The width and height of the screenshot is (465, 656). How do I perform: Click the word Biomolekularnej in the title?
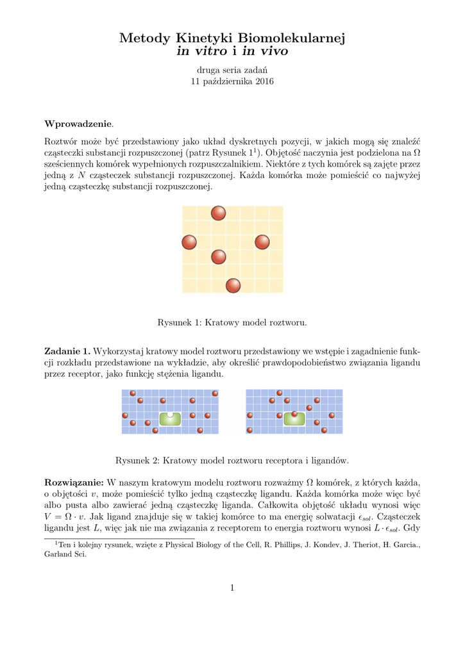coord(292,39)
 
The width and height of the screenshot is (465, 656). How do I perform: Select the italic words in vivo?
coord(265,51)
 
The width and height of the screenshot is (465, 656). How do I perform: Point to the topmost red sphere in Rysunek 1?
coord(219,213)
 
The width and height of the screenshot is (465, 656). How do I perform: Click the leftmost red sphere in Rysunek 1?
coord(189,242)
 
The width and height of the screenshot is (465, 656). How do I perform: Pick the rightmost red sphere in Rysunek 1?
coord(262,242)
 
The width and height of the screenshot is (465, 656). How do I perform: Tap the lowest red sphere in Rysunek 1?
coord(233,286)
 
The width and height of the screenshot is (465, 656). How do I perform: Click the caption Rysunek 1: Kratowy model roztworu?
coord(232,322)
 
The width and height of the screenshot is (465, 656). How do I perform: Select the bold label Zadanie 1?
coord(67,351)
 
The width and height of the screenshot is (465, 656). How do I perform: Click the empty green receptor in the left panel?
coord(170,418)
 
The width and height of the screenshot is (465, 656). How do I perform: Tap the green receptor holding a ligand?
coord(294,418)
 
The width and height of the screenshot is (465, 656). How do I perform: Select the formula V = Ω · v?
coord(69,517)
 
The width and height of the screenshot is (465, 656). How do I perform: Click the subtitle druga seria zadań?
coord(232,69)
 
